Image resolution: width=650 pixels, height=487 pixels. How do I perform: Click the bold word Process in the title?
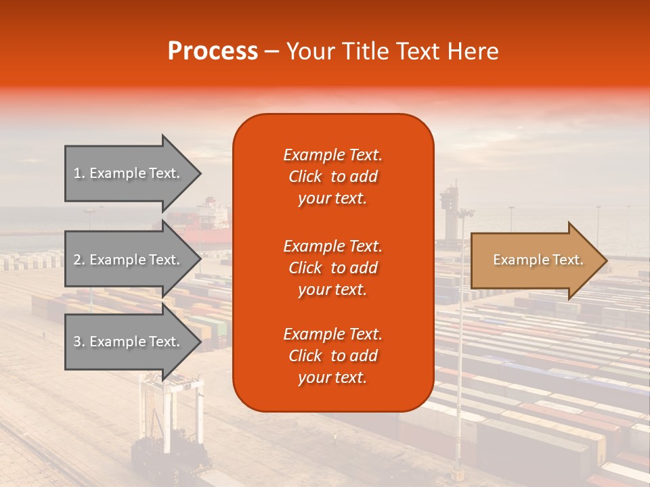click(213, 51)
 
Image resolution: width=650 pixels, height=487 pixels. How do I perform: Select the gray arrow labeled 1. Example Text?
click(129, 173)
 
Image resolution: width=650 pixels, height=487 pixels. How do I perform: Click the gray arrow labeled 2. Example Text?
click(129, 260)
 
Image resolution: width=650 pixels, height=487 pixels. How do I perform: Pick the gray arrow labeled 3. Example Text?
click(129, 342)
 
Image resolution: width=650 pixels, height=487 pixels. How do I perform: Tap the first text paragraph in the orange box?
click(332, 177)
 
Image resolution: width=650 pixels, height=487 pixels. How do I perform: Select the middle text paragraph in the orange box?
click(332, 268)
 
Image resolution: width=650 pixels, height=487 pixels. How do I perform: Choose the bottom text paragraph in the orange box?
click(332, 356)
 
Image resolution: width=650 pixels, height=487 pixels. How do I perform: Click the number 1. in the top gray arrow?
click(79, 173)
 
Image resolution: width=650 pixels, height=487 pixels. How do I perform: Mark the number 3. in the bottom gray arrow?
click(79, 342)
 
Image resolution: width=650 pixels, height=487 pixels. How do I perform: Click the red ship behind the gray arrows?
click(207, 220)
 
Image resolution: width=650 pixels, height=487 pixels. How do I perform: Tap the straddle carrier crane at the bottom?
click(169, 419)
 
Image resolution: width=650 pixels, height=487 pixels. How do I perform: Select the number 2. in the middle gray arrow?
click(79, 260)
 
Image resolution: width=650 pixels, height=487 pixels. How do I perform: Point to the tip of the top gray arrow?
click(200, 173)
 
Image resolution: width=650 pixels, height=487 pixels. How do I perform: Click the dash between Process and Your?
click(272, 51)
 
